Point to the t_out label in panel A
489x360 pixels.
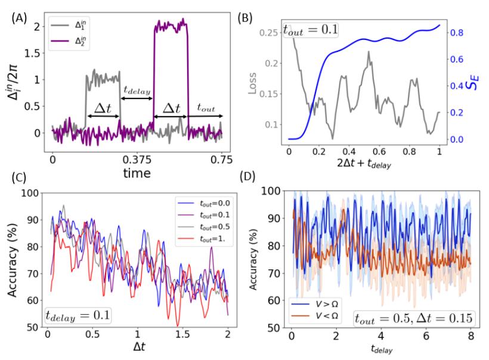[206, 108]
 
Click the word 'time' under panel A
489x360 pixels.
[137, 173]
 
